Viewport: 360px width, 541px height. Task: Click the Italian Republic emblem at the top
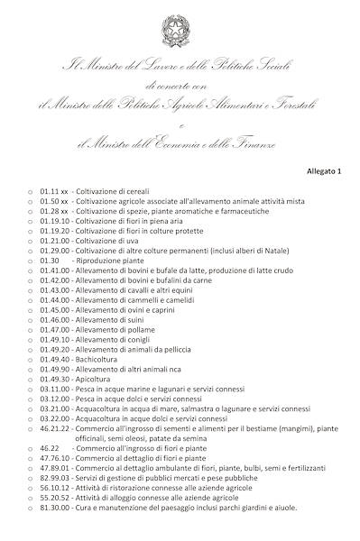[180, 33]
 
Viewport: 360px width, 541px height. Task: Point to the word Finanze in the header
[254, 144]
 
